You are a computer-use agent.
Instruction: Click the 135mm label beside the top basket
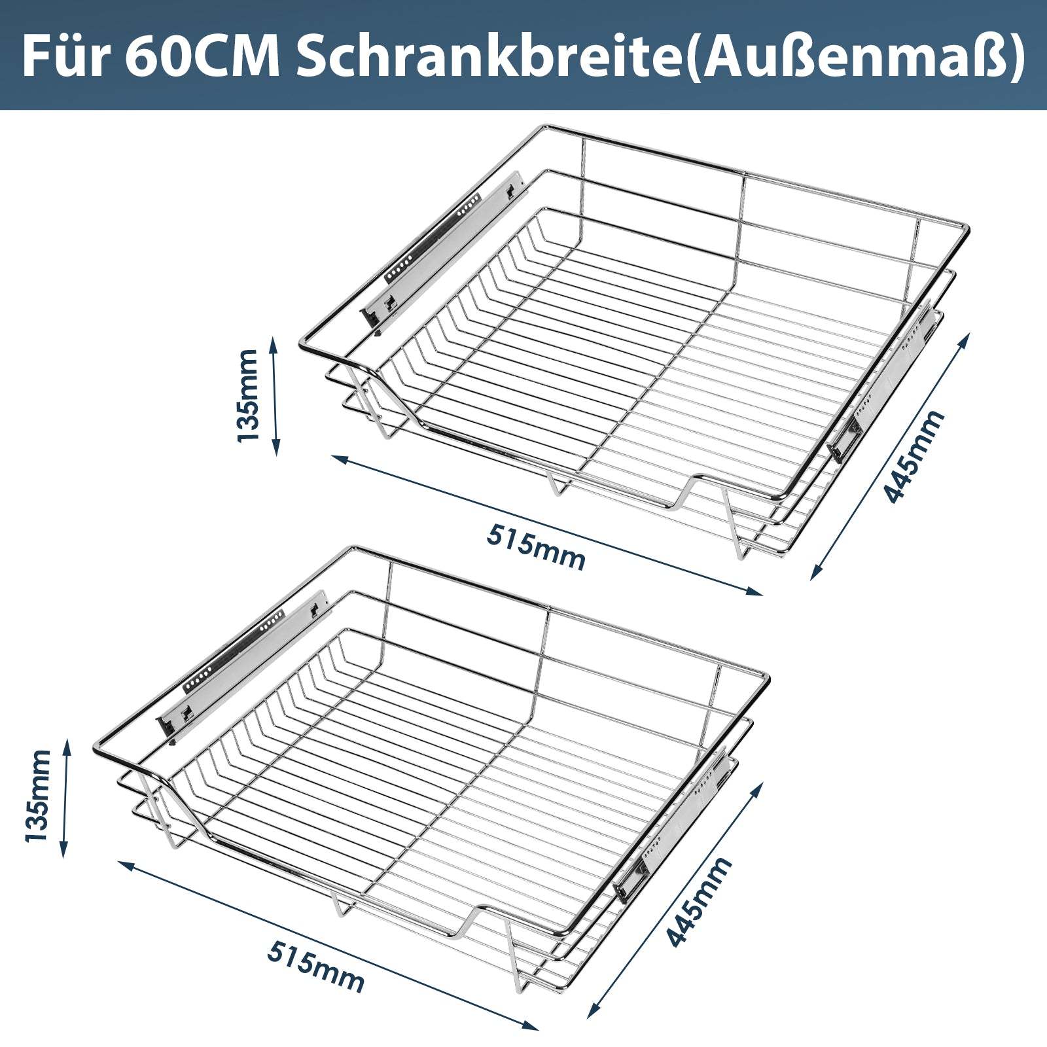(x=249, y=395)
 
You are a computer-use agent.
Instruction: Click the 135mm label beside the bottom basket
(x=37, y=796)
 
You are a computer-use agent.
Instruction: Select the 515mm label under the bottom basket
(x=315, y=967)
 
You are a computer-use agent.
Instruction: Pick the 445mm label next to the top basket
(x=914, y=456)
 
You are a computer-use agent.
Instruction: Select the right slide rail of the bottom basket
(x=674, y=825)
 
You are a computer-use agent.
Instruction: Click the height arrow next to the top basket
(x=275, y=395)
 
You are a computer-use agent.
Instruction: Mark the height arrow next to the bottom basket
(x=65, y=796)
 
